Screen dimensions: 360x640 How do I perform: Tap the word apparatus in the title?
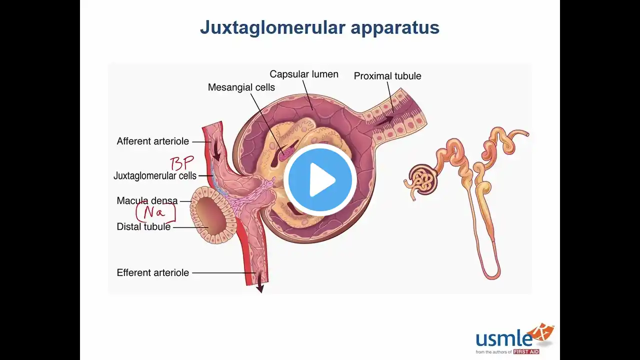(395, 27)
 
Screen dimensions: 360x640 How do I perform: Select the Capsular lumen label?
(304, 74)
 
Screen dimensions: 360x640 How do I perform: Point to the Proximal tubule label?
(387, 76)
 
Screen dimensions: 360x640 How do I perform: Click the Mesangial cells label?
(241, 87)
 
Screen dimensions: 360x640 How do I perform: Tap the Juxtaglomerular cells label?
(155, 176)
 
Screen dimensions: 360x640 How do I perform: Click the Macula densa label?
(147, 200)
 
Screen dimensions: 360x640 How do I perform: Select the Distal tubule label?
(143, 227)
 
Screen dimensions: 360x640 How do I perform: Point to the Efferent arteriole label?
(153, 273)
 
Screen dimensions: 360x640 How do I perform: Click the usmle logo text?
(503, 338)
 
